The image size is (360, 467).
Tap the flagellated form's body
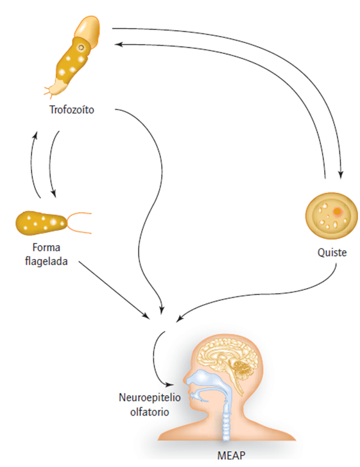pyautogui.click(x=40, y=222)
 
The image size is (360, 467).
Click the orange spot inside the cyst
pyautogui.click(x=338, y=210)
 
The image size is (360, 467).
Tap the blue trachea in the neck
pyautogui.click(x=228, y=427)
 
